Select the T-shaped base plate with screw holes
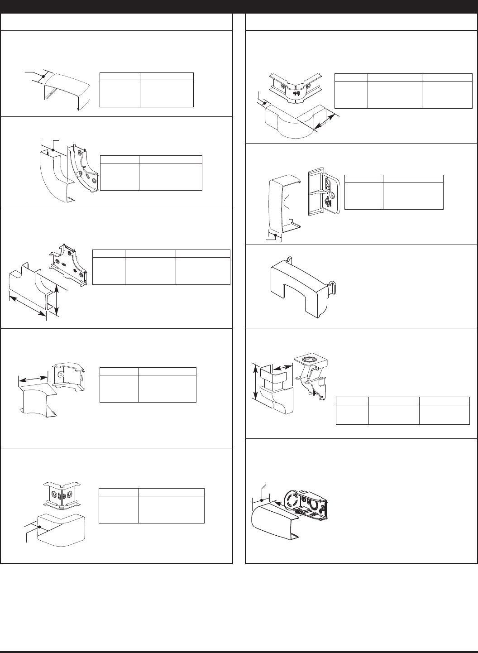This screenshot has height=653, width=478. coord(68,265)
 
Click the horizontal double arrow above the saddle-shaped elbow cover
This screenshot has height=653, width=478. coord(33,377)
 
